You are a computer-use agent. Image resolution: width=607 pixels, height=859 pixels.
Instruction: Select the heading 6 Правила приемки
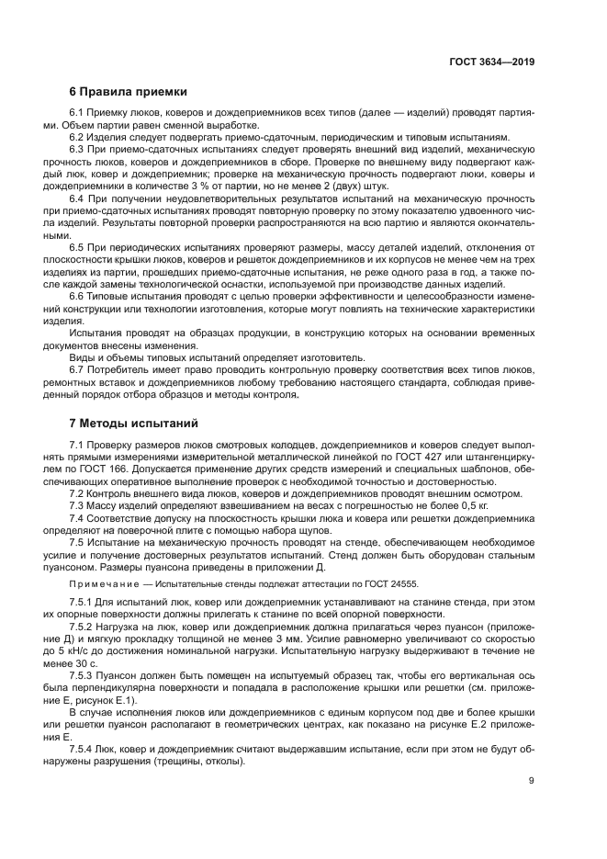(129, 92)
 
